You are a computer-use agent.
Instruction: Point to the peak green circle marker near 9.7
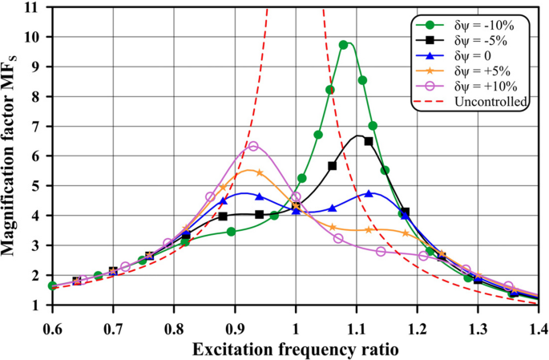[x=344, y=45]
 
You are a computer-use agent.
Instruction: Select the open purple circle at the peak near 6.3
[x=253, y=146]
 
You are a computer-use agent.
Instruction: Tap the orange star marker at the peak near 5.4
[x=259, y=172]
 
